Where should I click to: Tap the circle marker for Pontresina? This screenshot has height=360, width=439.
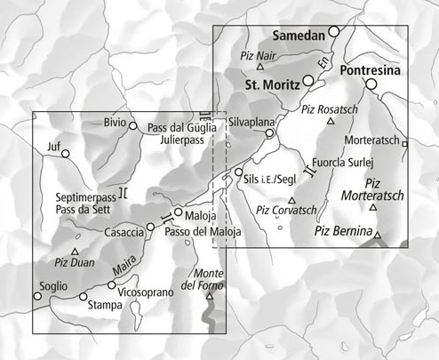(x=371, y=84)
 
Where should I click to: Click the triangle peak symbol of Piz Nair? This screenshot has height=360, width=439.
(x=260, y=67)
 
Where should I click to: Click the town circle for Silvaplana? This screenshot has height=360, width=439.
(x=270, y=133)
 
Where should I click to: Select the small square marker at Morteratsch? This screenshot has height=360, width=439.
(x=405, y=143)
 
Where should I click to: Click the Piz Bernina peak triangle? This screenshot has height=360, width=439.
(x=378, y=236)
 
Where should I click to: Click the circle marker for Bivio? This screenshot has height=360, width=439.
(x=133, y=125)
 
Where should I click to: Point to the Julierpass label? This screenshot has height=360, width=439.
(x=176, y=140)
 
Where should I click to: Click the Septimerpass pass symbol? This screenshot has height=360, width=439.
(x=124, y=191)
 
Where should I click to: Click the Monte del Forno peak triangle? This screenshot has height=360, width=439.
(x=210, y=296)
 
